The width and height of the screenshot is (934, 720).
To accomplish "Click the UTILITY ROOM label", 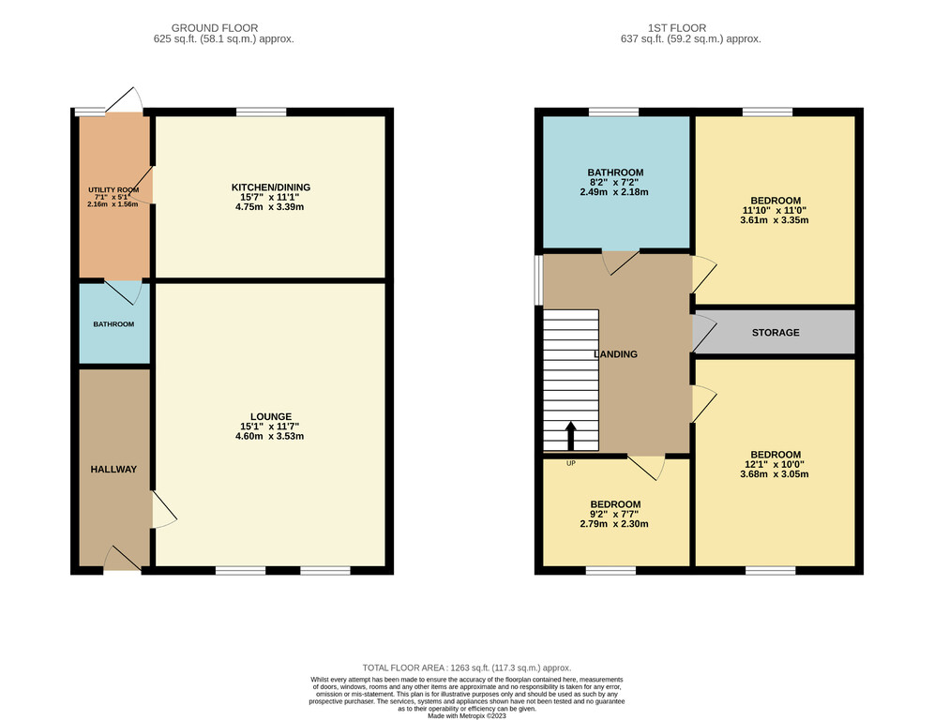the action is pos(113,190).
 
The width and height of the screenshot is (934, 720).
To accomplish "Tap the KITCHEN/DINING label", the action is pos(271,187).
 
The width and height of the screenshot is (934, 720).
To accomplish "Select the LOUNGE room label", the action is pos(271,417).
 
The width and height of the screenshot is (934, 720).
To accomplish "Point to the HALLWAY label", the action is pos(113,470).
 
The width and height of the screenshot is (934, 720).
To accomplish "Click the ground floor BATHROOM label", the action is pos(113,324).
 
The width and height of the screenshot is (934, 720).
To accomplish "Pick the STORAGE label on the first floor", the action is pos(776,332).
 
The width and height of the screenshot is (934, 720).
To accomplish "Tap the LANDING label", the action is pos(616,354).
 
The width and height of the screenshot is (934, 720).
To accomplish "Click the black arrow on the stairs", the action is pos(571,435).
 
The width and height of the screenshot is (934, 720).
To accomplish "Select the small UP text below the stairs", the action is pos(571,463).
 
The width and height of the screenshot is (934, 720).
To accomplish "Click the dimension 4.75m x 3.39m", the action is pos(270,207).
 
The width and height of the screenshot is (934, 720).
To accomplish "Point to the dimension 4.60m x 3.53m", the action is pos(270,436).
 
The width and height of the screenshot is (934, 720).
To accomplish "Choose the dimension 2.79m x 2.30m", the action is pos(614,524).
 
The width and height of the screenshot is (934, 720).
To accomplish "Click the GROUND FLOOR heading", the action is pos(215,28).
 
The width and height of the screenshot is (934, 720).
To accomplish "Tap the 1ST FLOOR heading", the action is pos(677,28).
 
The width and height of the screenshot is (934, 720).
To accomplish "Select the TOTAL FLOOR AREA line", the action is pos(467,668).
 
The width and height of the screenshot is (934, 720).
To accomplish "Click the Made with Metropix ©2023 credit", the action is pos(467,716).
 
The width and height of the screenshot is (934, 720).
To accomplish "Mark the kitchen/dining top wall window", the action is pos(261,112).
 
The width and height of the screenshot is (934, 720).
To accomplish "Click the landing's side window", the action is pos(538,280).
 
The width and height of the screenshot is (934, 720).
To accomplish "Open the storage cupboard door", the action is pos(704,333).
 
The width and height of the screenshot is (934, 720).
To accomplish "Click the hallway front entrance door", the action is pos(123,559).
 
